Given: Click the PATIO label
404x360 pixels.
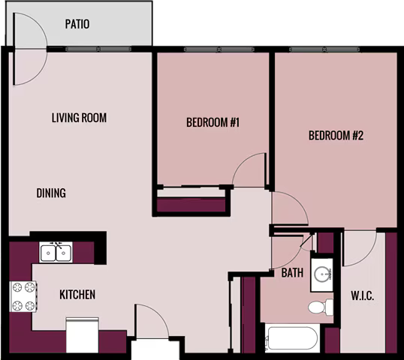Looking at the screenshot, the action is point(77,24).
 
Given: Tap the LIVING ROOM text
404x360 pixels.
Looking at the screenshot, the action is point(79,118).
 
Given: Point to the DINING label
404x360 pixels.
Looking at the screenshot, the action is point(51,193).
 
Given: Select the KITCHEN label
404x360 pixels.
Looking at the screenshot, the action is point(77,295).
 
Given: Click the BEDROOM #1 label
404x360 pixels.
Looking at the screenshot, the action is point(213,122).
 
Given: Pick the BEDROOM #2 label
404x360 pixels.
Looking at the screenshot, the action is point(336,135).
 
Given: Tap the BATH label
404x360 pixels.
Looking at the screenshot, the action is point(292,273).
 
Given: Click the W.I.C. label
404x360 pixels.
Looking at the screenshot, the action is point(363,296).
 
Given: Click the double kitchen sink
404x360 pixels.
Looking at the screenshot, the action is point(56,253).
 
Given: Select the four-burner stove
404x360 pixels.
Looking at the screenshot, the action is point(23,296).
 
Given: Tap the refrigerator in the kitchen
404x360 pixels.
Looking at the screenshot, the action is point(83,335).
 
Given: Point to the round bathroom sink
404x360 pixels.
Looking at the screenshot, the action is point(323,274).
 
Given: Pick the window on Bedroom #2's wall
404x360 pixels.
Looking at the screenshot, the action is point(324,49).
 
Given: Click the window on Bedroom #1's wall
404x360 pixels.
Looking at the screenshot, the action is point(219,49).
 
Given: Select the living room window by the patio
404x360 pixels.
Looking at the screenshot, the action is point(98,49).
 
